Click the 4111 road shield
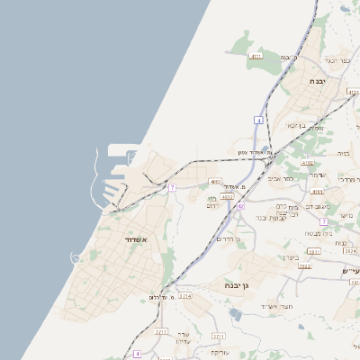pyautogui.click(x=257, y=56)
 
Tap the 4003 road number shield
pyautogui.click(x=216, y=182)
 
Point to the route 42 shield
pyautogui.click(x=241, y=206)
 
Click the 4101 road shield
pyautogui.click(x=316, y=192)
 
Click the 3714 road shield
pyautogui.click(x=184, y=295)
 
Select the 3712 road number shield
pyautogui.click(x=161, y=332)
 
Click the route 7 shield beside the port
pyautogui.click(x=172, y=187)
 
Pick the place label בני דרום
pyautogui.click(x=213, y=202)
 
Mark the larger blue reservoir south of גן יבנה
pyautogui.click(x=236, y=314)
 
